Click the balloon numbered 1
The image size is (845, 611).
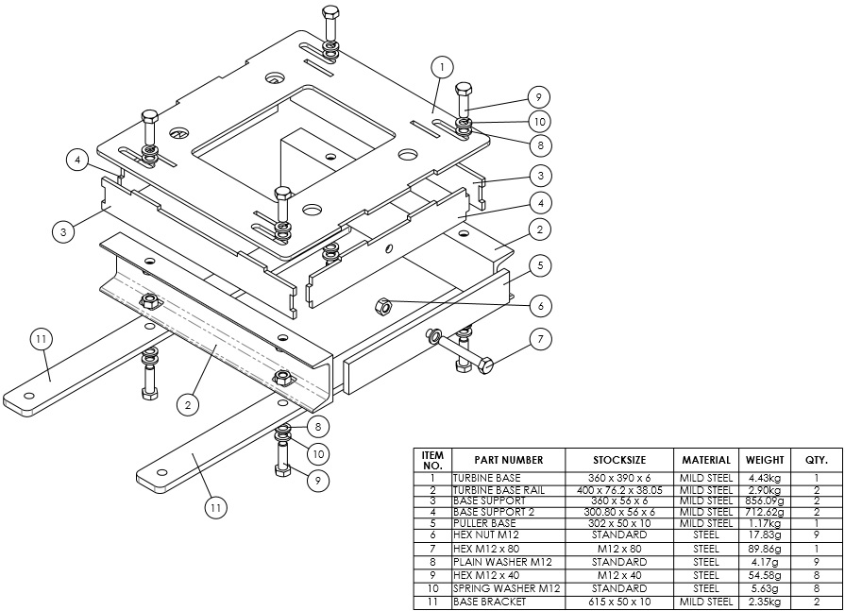click(x=442, y=67)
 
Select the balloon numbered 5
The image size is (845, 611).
click(x=540, y=266)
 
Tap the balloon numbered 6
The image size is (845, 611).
click(x=540, y=305)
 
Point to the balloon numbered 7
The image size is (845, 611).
click(x=540, y=338)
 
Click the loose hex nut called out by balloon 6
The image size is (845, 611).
click(x=383, y=305)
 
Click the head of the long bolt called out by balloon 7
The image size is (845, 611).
click(x=485, y=366)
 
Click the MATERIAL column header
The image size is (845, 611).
click(x=705, y=460)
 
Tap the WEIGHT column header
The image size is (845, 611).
click(x=765, y=460)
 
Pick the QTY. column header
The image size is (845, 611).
click(x=816, y=460)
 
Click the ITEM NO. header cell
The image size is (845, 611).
click(x=432, y=460)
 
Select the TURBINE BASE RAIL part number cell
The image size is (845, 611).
click(x=501, y=490)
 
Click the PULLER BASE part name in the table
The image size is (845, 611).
click(x=484, y=522)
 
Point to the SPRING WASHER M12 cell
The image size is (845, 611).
click(x=506, y=587)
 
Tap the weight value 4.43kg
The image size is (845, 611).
click(x=765, y=478)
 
